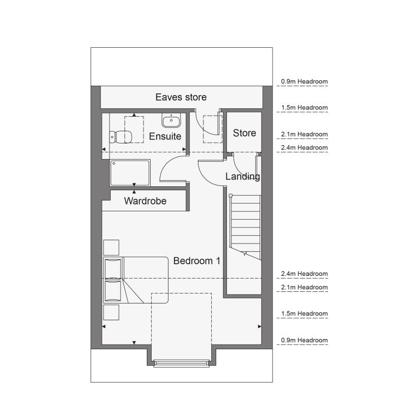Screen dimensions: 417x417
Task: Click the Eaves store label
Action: [x=181, y=97]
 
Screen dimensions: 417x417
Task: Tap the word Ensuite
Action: [x=165, y=136]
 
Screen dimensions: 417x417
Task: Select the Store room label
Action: [x=245, y=133]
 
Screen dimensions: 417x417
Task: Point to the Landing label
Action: [x=242, y=176]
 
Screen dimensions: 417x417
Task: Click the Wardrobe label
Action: [x=145, y=201]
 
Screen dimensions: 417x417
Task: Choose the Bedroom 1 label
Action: [x=197, y=261]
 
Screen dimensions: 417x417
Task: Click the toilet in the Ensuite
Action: [x=121, y=137]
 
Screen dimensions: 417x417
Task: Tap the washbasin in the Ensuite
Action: [x=171, y=121]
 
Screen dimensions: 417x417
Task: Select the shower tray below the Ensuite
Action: [x=130, y=172]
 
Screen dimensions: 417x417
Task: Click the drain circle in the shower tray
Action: [x=114, y=163]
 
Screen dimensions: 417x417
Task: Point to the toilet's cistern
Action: [x=112, y=137]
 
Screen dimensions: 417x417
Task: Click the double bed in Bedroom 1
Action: [x=136, y=280]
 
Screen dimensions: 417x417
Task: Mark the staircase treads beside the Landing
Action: [x=245, y=227]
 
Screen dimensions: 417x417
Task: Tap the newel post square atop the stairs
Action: [x=231, y=196]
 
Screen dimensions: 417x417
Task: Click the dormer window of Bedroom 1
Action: [x=181, y=363]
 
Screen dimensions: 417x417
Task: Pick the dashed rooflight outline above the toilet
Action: [x=134, y=130]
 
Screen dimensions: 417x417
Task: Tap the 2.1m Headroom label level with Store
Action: [x=304, y=135]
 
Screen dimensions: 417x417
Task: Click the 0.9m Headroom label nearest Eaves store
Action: [x=304, y=81]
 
